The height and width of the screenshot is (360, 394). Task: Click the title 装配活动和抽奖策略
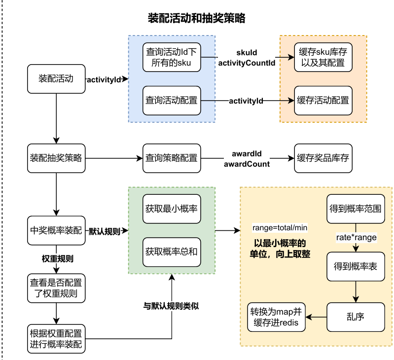197,19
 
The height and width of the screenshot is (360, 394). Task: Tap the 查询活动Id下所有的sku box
172,57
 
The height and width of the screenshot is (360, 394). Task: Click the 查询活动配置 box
172,101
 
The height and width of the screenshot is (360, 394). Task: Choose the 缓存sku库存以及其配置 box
323,57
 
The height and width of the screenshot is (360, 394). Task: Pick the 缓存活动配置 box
323,101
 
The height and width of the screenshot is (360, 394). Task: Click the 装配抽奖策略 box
56,158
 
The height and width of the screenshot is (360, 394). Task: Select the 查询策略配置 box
172,158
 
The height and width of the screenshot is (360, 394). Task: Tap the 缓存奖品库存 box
323,158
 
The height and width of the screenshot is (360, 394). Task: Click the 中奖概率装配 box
56,230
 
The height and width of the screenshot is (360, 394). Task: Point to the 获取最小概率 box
172,209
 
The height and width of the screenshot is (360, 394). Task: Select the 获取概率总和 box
172,252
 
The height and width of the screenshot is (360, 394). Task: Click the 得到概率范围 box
355,209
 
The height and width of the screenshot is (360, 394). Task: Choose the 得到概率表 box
355,266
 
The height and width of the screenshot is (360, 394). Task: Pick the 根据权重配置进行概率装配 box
56,338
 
